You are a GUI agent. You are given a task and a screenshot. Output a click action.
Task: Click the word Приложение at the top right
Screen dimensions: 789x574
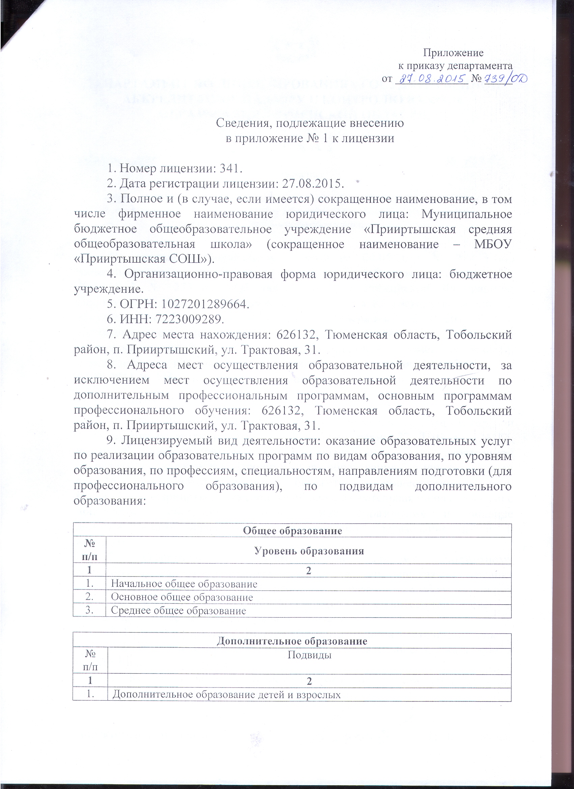pos(453,53)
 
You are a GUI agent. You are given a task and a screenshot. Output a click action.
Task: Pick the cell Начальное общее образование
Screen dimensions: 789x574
pos(184,583)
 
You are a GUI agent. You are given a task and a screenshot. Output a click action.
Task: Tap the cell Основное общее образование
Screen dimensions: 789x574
pos(182,597)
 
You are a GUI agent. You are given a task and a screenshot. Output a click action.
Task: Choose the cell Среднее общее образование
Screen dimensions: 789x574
pos(178,611)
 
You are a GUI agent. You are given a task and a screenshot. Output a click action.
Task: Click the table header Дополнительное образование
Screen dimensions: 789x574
pos(292,641)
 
